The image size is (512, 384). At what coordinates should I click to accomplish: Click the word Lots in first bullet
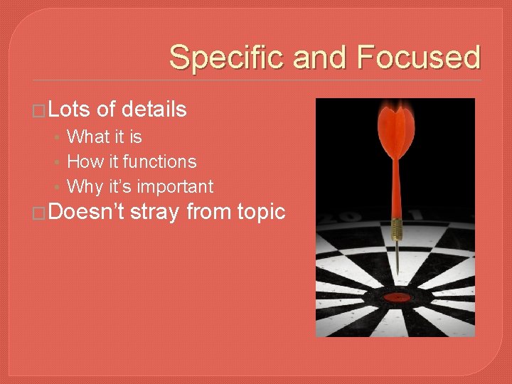[x=70, y=110]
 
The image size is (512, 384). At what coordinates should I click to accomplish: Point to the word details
[x=154, y=110]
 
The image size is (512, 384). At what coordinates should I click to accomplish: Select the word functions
[x=159, y=161]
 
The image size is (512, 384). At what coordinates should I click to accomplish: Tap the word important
[x=175, y=187]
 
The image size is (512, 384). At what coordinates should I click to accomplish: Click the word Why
[x=85, y=187]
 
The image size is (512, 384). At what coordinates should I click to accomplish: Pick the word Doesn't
[x=87, y=212]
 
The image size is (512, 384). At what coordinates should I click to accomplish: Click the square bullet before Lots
[x=41, y=111]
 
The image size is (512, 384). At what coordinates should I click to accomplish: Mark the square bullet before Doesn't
[x=41, y=213]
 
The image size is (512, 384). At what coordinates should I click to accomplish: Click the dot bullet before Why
[x=58, y=188]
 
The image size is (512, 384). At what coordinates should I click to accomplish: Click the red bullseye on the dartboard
[x=395, y=296]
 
